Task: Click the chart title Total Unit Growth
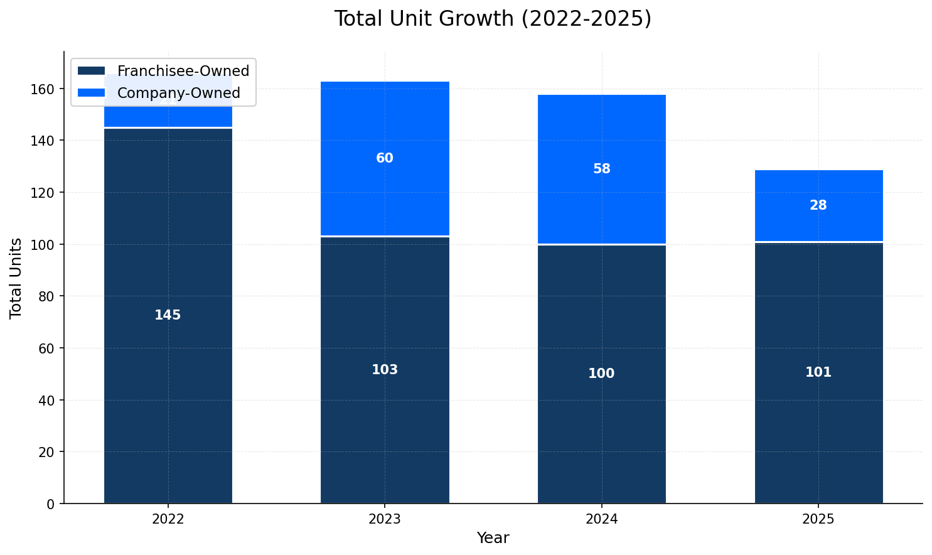coord(493,19)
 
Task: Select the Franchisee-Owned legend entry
coord(183,71)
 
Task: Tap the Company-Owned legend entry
coord(178,93)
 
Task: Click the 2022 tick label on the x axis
coord(168,519)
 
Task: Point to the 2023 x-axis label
coord(385,519)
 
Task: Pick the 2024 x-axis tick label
coord(601,519)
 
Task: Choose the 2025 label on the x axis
coord(818,519)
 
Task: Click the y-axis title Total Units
coord(16,277)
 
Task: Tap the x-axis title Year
coord(493,538)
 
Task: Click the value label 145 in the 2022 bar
coord(168,315)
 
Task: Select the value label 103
coord(385,370)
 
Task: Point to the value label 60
coord(385,158)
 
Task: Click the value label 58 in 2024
coord(601,169)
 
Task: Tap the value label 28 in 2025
coord(818,205)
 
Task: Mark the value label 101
coord(818,372)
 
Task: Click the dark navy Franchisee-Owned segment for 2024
coord(601,314)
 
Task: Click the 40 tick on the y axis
coord(50,400)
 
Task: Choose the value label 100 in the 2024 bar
coord(601,374)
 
